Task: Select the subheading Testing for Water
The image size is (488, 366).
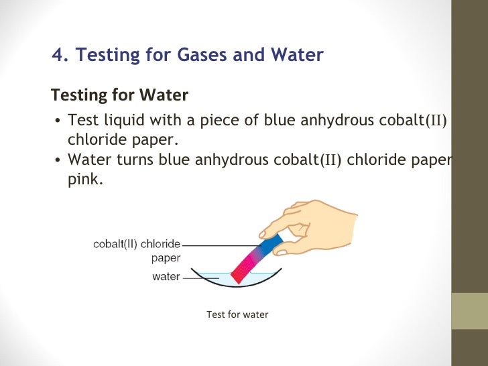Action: [x=120, y=95]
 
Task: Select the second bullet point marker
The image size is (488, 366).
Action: [x=58, y=162]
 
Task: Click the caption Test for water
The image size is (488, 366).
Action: [x=237, y=314]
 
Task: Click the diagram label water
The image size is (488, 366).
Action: [x=166, y=276]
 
